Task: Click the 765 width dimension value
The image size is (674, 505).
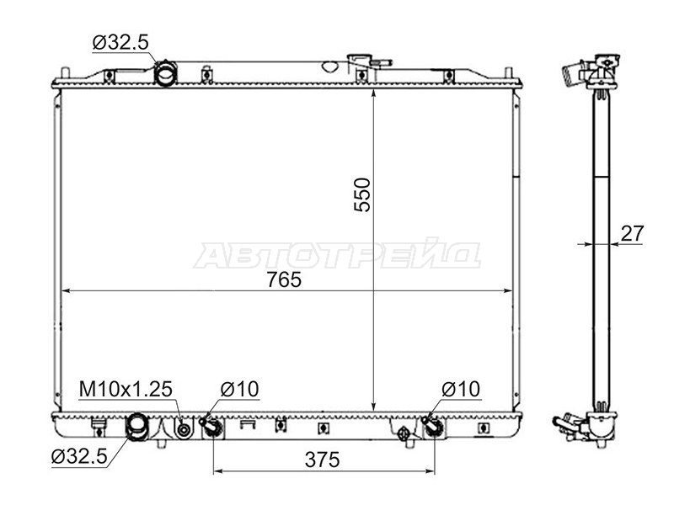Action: click(284, 280)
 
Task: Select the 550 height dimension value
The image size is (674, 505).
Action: click(362, 194)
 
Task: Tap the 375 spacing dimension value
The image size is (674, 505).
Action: click(323, 460)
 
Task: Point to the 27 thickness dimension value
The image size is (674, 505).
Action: click(632, 234)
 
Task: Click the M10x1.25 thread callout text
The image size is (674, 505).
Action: click(126, 389)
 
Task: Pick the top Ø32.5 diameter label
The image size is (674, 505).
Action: click(120, 42)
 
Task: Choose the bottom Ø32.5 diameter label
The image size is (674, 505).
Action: click(79, 456)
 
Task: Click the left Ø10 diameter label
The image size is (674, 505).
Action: click(239, 389)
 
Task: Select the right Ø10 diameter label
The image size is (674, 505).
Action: click(461, 389)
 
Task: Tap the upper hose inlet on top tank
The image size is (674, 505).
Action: click(165, 73)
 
